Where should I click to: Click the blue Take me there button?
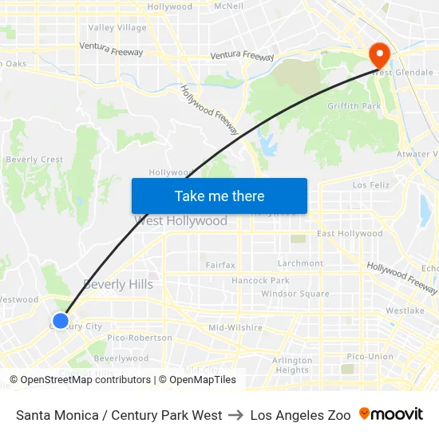[x=219, y=196]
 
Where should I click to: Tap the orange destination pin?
[x=378, y=55]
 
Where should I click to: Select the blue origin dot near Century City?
[x=61, y=321]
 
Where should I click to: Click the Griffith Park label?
[x=354, y=106]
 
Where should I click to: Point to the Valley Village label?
[x=117, y=28]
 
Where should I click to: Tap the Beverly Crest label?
[x=34, y=160]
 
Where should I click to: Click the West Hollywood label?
[x=181, y=221]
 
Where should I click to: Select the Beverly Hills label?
[x=118, y=284]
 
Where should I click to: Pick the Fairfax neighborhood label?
[x=220, y=264]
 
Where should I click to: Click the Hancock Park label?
[x=260, y=281]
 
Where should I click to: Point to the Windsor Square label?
[x=295, y=294]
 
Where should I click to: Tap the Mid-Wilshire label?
[x=235, y=327]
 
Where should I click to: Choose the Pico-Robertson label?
[x=139, y=338]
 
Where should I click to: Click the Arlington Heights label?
[x=291, y=366]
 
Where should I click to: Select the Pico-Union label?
[x=370, y=356]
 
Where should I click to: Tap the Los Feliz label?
[x=370, y=184]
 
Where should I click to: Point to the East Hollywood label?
[x=350, y=234]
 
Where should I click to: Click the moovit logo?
[x=391, y=414]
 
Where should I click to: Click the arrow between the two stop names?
[x=236, y=415]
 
